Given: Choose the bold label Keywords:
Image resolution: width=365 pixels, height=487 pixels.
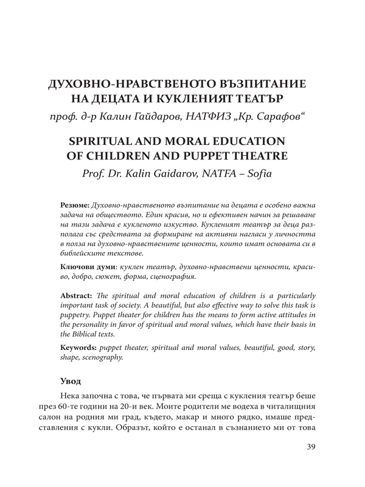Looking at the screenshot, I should tap(80, 346).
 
